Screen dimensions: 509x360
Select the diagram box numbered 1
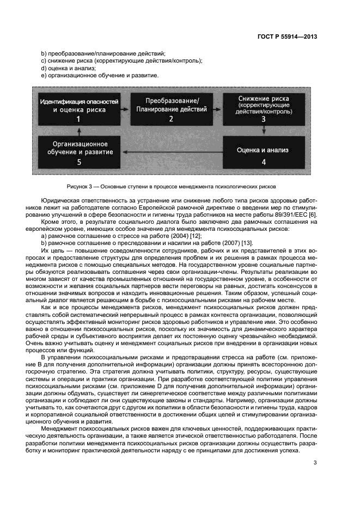pyautogui.click(x=79, y=109)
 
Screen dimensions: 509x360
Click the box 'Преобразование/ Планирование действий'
pyautogui.click(x=172, y=109)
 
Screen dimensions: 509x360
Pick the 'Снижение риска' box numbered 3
pyautogui.click(x=264, y=109)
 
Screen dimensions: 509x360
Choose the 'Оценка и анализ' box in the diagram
pyautogui.click(x=264, y=154)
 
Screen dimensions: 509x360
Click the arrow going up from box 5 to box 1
pyautogui.click(x=80, y=131)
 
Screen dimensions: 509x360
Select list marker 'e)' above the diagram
pyautogui.click(x=44, y=76)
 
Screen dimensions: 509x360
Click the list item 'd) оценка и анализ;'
pyautogui.click(x=68, y=69)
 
